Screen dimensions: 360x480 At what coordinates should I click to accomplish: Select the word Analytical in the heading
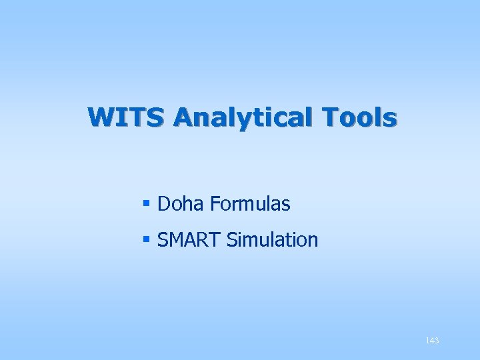point(246,118)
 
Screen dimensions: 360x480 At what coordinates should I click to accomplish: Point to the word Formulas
point(250,204)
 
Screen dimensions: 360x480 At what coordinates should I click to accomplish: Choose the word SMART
point(189,239)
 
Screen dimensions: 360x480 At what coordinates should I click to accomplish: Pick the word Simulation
point(273,239)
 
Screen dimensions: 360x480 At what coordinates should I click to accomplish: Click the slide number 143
point(432,341)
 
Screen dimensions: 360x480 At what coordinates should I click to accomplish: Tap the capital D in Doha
point(164,204)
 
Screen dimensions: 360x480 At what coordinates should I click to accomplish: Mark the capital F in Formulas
point(214,204)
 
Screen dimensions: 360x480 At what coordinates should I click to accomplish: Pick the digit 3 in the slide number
point(436,341)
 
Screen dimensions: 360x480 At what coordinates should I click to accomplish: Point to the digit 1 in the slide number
point(427,341)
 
